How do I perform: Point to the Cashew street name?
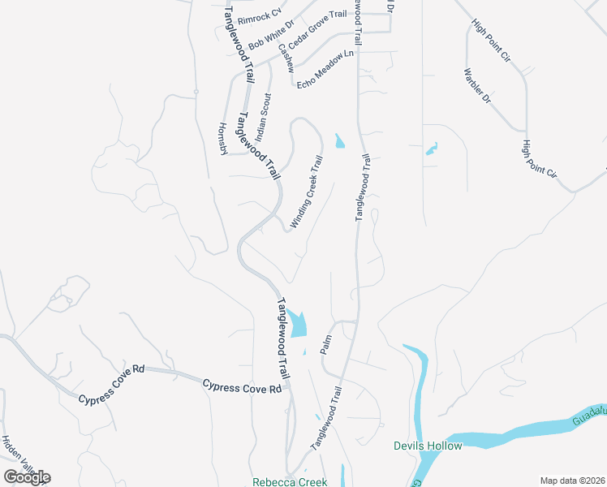(285, 58)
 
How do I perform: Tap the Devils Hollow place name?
(428, 446)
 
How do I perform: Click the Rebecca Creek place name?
(290, 481)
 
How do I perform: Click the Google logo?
(27, 476)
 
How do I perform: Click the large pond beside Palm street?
(298, 324)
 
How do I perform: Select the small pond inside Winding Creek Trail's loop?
(339, 141)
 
